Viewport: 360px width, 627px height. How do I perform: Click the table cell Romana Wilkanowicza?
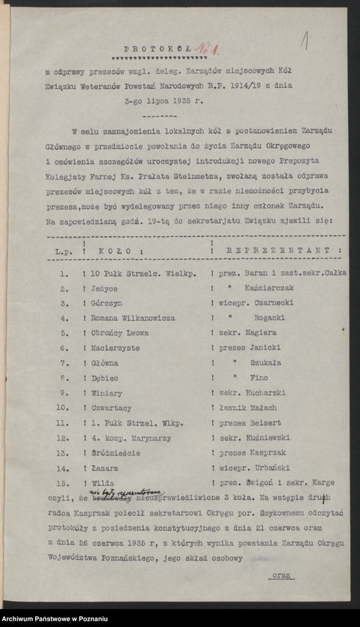(x=134, y=317)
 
